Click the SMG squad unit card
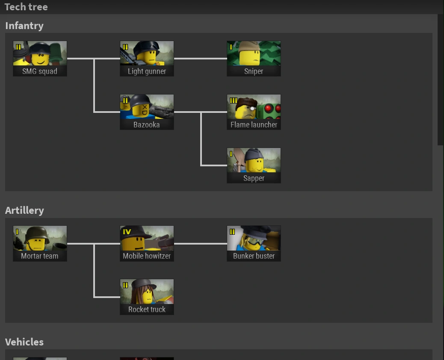coord(40,59)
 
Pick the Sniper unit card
coord(254,59)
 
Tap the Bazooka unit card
coord(147,112)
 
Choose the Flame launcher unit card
coord(254,112)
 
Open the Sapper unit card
coord(254,165)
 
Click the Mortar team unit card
coord(40,243)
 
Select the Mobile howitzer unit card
coord(147,243)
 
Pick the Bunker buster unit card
coord(254,243)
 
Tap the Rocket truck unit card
coord(147,297)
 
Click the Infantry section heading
coord(24,26)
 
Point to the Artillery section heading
coord(24,210)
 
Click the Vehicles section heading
coord(24,342)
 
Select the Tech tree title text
coord(26,7)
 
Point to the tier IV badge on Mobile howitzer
coord(127,232)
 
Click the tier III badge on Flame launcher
coord(233,100)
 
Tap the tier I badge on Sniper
coord(231,47)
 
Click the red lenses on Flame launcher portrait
coord(272,109)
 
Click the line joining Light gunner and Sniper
coord(200,59)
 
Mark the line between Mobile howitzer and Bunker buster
coord(200,244)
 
